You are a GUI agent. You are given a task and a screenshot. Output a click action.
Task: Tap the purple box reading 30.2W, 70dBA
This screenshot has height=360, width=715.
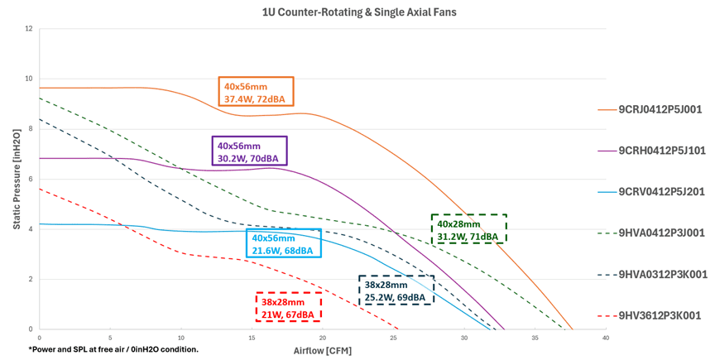250,151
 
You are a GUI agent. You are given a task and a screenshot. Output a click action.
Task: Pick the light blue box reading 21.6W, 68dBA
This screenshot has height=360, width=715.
283,244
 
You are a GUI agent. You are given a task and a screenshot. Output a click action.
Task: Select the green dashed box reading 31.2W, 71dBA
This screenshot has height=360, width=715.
468,229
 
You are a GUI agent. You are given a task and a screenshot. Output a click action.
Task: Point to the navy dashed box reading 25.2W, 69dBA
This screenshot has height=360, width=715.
396,290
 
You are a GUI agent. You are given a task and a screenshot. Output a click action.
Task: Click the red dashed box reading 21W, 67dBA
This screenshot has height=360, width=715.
287,307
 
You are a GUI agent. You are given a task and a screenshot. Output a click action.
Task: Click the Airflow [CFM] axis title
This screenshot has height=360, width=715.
322,351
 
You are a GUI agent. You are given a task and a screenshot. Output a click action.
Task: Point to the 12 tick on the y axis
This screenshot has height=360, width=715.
29,29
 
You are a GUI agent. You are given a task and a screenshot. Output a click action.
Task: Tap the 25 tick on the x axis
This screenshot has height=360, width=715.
393,338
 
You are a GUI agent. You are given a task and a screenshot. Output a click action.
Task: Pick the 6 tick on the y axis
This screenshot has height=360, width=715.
31,179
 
